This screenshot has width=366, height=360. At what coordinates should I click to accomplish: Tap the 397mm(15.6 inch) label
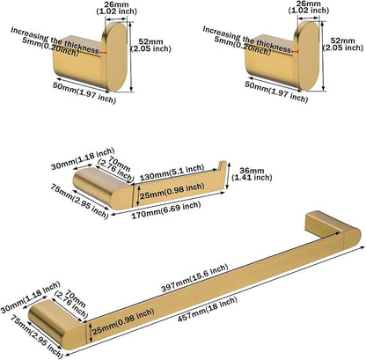coord(194,278)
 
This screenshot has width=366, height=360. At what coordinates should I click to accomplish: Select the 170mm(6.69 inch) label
coord(166,209)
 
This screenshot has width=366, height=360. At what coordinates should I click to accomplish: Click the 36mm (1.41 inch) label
coord(252,174)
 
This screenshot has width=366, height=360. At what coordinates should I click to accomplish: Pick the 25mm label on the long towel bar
coord(123,321)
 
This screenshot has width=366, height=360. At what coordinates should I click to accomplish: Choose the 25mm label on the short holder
coord(172,191)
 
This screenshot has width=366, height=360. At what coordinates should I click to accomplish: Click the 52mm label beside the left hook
coord(150,45)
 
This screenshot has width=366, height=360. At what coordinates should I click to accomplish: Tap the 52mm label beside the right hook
coord(343,44)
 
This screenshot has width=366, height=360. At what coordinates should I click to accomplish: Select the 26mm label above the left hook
coord(116,8)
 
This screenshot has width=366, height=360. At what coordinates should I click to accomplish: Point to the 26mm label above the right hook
coord(309,7)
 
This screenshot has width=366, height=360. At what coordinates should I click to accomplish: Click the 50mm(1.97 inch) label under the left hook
coord(84,92)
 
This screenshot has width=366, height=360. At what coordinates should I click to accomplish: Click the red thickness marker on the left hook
coord(103,53)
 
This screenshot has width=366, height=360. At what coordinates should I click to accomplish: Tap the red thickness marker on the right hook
coord(295,52)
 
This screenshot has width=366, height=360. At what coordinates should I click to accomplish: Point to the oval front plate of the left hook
coord(115,56)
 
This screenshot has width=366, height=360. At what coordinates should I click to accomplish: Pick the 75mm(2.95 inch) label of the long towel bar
coord(37,336)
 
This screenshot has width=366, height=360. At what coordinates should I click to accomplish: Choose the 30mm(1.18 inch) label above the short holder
coord(83,158)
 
